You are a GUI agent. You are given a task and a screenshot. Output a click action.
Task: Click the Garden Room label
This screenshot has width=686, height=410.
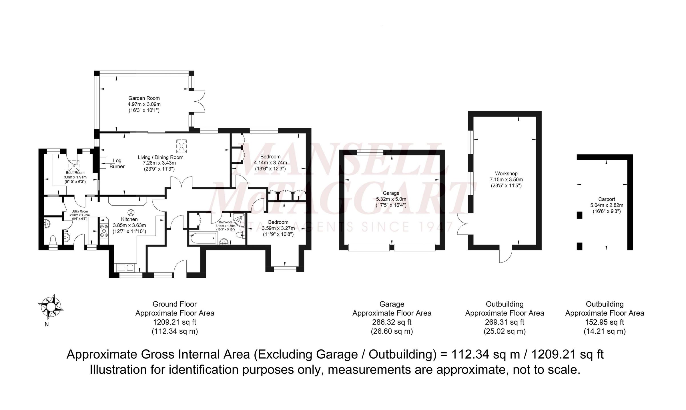coord(144,98)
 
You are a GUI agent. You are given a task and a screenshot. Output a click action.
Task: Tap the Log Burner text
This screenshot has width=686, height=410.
coord(117,164)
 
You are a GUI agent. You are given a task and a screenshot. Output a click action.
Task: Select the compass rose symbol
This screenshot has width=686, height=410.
coord(51,307)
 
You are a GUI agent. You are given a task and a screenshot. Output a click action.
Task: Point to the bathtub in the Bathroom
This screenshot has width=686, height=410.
coord(202,238)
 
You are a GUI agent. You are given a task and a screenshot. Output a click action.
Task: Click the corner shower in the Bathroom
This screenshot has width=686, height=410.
coord(239,218)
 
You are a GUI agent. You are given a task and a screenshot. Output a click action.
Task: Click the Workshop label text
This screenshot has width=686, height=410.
coord(506,173)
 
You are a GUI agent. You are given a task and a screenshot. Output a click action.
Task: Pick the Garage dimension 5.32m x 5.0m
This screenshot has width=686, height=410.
coord(391,199)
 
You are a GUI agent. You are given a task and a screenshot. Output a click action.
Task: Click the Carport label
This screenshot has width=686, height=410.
coord(607,199)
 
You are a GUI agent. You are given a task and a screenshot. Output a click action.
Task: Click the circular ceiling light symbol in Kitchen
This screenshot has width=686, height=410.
coord(131,212)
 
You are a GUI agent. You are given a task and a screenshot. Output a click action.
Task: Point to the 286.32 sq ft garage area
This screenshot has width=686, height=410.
coord(392,322)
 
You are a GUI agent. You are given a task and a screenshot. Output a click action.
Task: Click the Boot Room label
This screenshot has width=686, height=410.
coord(75,173)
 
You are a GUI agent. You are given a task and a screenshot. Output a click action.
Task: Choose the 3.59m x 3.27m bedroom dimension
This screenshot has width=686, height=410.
coord(278,228)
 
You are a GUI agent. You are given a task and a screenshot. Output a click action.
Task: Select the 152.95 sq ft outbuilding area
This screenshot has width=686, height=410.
coord(605,322)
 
